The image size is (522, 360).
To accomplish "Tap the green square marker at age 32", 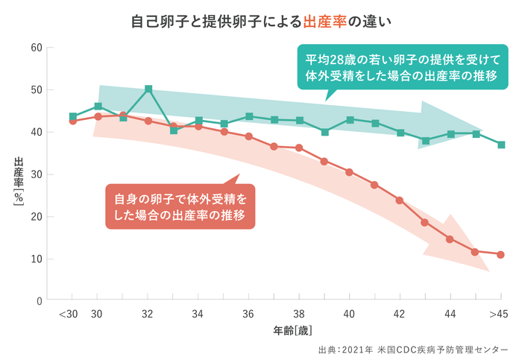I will (148, 89).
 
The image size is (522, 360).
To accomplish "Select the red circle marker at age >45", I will (501, 254).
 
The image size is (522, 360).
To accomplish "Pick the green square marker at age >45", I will (501, 145).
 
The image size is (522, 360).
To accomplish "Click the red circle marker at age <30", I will (73, 121).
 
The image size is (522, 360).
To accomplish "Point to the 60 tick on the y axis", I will (36, 48).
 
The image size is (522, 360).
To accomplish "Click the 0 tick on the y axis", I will (39, 301).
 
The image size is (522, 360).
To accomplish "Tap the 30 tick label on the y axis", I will (36, 174).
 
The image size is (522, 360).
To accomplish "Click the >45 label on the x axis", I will (499, 315).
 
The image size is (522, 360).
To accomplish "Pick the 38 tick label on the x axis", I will (299, 315).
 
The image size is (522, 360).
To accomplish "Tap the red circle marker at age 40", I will (349, 171).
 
